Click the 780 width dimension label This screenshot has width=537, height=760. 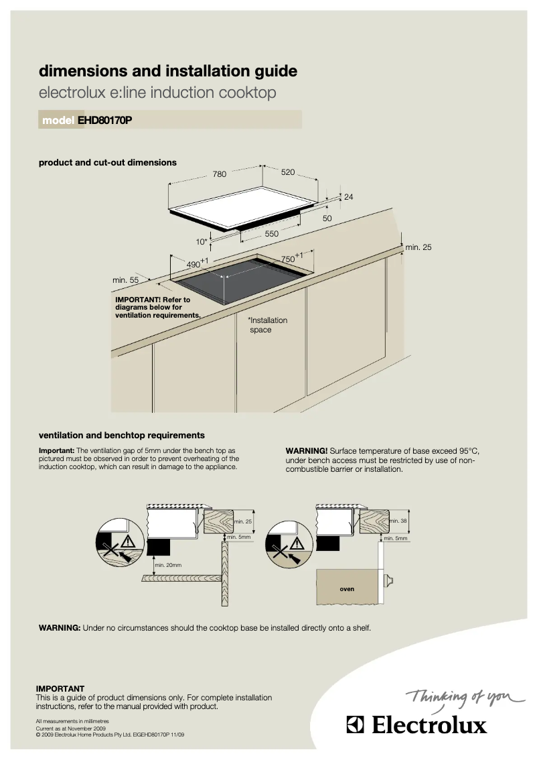point(220,174)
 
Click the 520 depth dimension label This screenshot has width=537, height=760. point(288,172)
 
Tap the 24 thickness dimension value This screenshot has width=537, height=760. point(348,196)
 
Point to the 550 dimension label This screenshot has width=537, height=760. point(271,234)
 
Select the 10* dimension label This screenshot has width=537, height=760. point(201,241)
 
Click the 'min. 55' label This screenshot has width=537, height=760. point(125,280)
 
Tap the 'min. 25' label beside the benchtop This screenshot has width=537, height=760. point(418,247)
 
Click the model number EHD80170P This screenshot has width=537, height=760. point(104,121)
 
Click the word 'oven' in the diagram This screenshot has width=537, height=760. point(346,589)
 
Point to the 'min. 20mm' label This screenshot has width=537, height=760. point(168,565)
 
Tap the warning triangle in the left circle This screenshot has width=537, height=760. point(129,542)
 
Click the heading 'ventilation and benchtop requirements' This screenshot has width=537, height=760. point(122,435)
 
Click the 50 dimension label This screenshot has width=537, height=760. point(327,218)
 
